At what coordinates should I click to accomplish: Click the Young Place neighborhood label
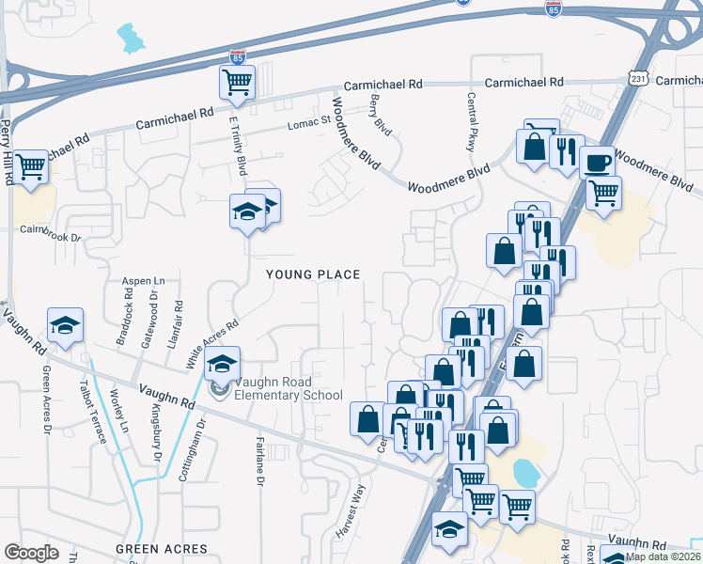click(x=313, y=274)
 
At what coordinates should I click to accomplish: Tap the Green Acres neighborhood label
click(x=161, y=548)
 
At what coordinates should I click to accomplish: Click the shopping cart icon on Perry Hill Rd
click(x=31, y=167)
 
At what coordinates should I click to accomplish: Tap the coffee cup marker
click(x=597, y=163)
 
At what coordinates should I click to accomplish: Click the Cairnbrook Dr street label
click(x=52, y=228)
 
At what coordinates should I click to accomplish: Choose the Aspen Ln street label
click(x=144, y=281)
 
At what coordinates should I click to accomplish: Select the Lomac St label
click(x=310, y=119)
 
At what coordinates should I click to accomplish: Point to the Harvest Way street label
click(x=350, y=511)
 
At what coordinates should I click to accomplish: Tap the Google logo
click(x=31, y=552)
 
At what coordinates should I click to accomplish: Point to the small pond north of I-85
click(x=130, y=37)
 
